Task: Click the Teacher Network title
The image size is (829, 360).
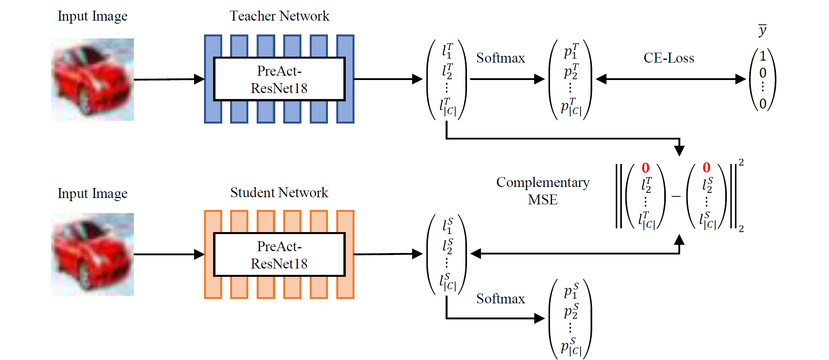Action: pos(279,16)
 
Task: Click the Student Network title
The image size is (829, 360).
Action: pos(279,192)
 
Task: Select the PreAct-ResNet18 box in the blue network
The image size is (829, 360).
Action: pos(279,79)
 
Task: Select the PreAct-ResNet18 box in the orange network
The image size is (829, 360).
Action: pos(279,255)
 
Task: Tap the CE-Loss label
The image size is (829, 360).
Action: pos(669,58)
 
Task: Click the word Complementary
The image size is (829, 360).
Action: pos(543,182)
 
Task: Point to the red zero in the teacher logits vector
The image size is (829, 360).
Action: pos(646,168)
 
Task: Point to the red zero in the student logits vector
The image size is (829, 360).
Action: pos(707,168)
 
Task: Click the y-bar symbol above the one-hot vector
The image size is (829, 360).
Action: pos(762,30)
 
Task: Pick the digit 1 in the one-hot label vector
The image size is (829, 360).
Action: pos(763,56)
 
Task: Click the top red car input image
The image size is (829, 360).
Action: pos(93,79)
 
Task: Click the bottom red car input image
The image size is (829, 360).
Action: pos(93,254)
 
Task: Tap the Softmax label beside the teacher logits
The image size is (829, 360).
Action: pos(500,58)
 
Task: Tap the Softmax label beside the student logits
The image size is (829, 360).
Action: pos(500,299)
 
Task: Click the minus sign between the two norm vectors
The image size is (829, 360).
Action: pos(676,196)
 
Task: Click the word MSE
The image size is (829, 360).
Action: pos(543,200)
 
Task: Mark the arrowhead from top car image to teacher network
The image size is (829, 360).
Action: pos(199,79)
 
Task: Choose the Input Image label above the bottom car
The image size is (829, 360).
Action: pos(92,193)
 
